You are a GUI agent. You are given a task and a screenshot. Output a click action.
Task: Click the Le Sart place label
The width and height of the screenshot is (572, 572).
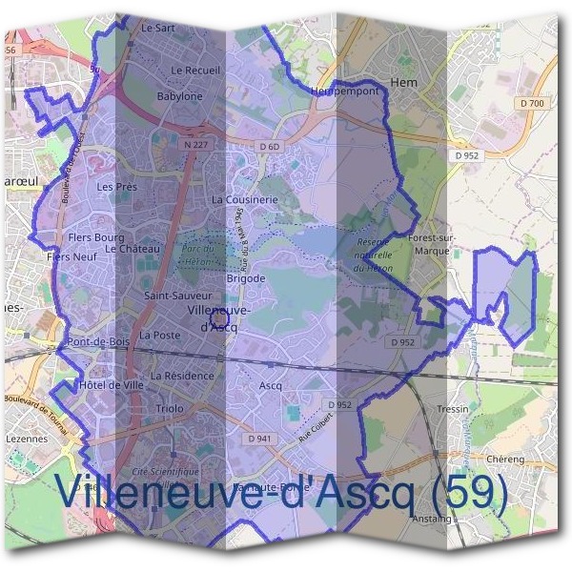157,30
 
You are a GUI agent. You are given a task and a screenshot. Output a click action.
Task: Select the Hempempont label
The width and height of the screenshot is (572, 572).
344,91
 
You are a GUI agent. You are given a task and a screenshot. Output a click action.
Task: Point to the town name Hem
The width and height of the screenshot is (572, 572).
404,83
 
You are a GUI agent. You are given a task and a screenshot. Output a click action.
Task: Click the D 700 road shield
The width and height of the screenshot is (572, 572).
532,102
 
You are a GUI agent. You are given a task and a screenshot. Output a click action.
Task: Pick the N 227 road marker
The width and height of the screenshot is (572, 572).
195,145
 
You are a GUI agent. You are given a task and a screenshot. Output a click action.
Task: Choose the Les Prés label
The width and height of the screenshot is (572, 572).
117,187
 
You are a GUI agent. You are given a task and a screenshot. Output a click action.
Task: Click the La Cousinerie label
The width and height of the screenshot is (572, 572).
244,200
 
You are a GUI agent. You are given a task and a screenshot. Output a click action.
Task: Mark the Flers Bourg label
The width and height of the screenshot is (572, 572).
97,236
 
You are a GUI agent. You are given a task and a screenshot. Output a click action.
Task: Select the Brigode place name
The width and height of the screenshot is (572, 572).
245,278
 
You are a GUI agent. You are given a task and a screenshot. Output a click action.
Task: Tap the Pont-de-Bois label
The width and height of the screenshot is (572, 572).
98,341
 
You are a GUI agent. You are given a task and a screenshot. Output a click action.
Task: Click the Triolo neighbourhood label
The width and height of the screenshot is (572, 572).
169,408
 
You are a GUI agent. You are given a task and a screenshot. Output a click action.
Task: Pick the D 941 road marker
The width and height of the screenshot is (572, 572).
258,439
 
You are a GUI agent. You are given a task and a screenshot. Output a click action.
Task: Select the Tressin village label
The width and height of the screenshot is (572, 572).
452,409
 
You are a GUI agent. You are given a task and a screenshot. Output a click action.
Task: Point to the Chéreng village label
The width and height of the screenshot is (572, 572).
505,459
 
